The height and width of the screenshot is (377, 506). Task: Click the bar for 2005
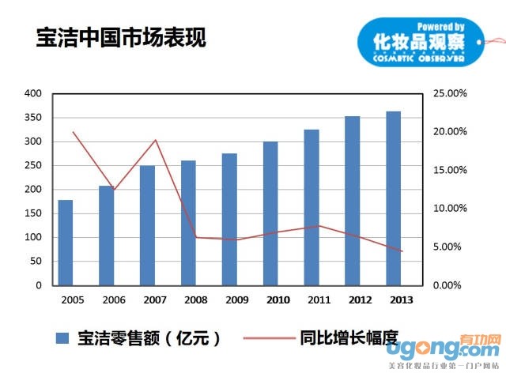65,243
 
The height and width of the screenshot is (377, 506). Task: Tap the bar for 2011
312,207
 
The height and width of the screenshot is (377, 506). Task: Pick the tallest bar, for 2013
393,198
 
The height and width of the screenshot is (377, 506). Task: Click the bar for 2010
270,213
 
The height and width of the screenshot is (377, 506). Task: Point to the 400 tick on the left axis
32,93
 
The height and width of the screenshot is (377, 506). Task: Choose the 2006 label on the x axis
114,300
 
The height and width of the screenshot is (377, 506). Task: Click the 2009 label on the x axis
236,300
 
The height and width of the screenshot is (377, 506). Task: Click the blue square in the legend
62,338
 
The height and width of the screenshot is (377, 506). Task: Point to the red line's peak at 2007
156,140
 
